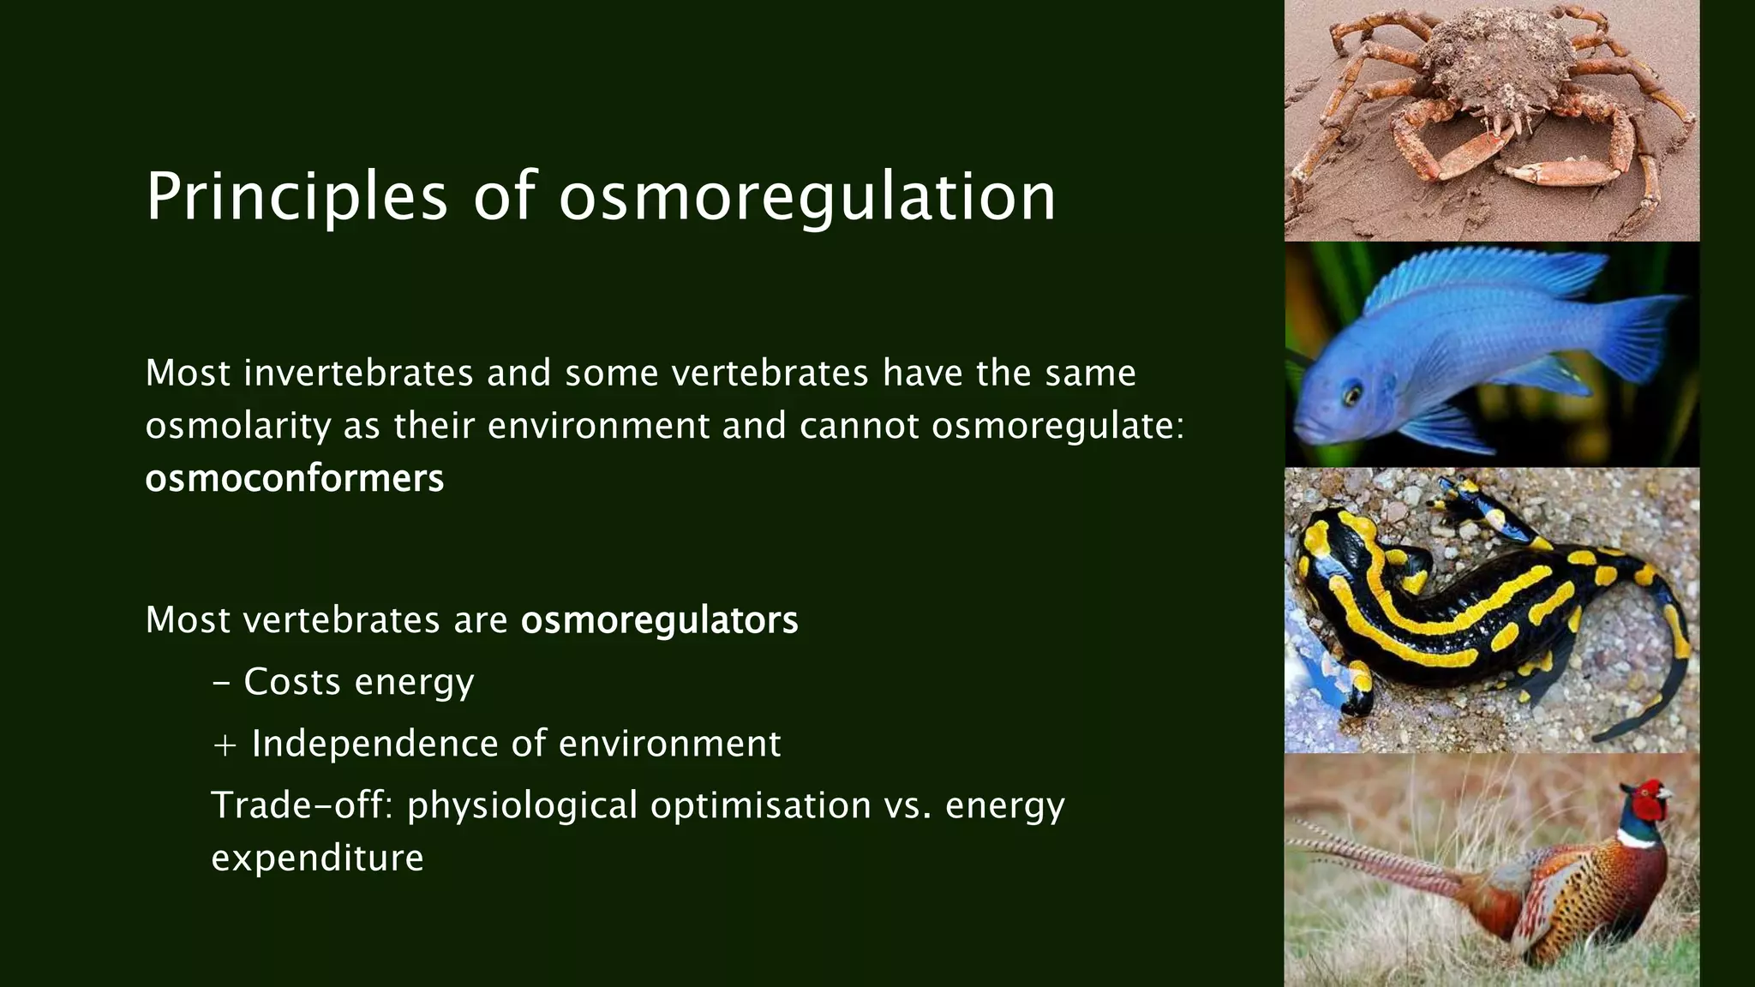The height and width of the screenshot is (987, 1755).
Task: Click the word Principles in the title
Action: click(296, 197)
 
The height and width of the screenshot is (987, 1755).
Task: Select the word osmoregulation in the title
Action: click(807, 197)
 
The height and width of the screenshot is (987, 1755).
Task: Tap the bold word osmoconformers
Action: click(294, 478)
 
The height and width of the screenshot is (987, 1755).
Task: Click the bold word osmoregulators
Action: click(659, 620)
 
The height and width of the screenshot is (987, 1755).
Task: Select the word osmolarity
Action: click(237, 426)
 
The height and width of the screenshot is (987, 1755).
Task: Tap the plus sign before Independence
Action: click(225, 745)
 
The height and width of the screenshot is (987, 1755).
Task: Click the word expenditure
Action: click(317, 858)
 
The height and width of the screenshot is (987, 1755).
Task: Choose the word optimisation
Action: click(760, 805)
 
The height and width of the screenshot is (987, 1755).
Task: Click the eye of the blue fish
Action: click(1352, 396)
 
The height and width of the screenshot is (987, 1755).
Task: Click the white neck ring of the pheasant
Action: click(1638, 840)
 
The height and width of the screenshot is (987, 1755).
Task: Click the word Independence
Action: click(375, 744)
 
